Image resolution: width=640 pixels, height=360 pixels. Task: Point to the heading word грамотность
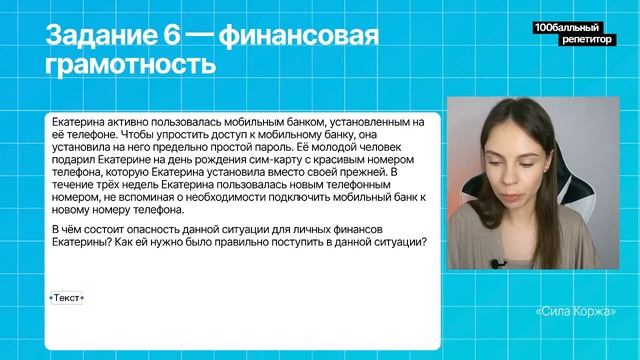click(x=131, y=65)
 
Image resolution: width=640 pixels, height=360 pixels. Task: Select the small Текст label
click(x=66, y=298)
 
